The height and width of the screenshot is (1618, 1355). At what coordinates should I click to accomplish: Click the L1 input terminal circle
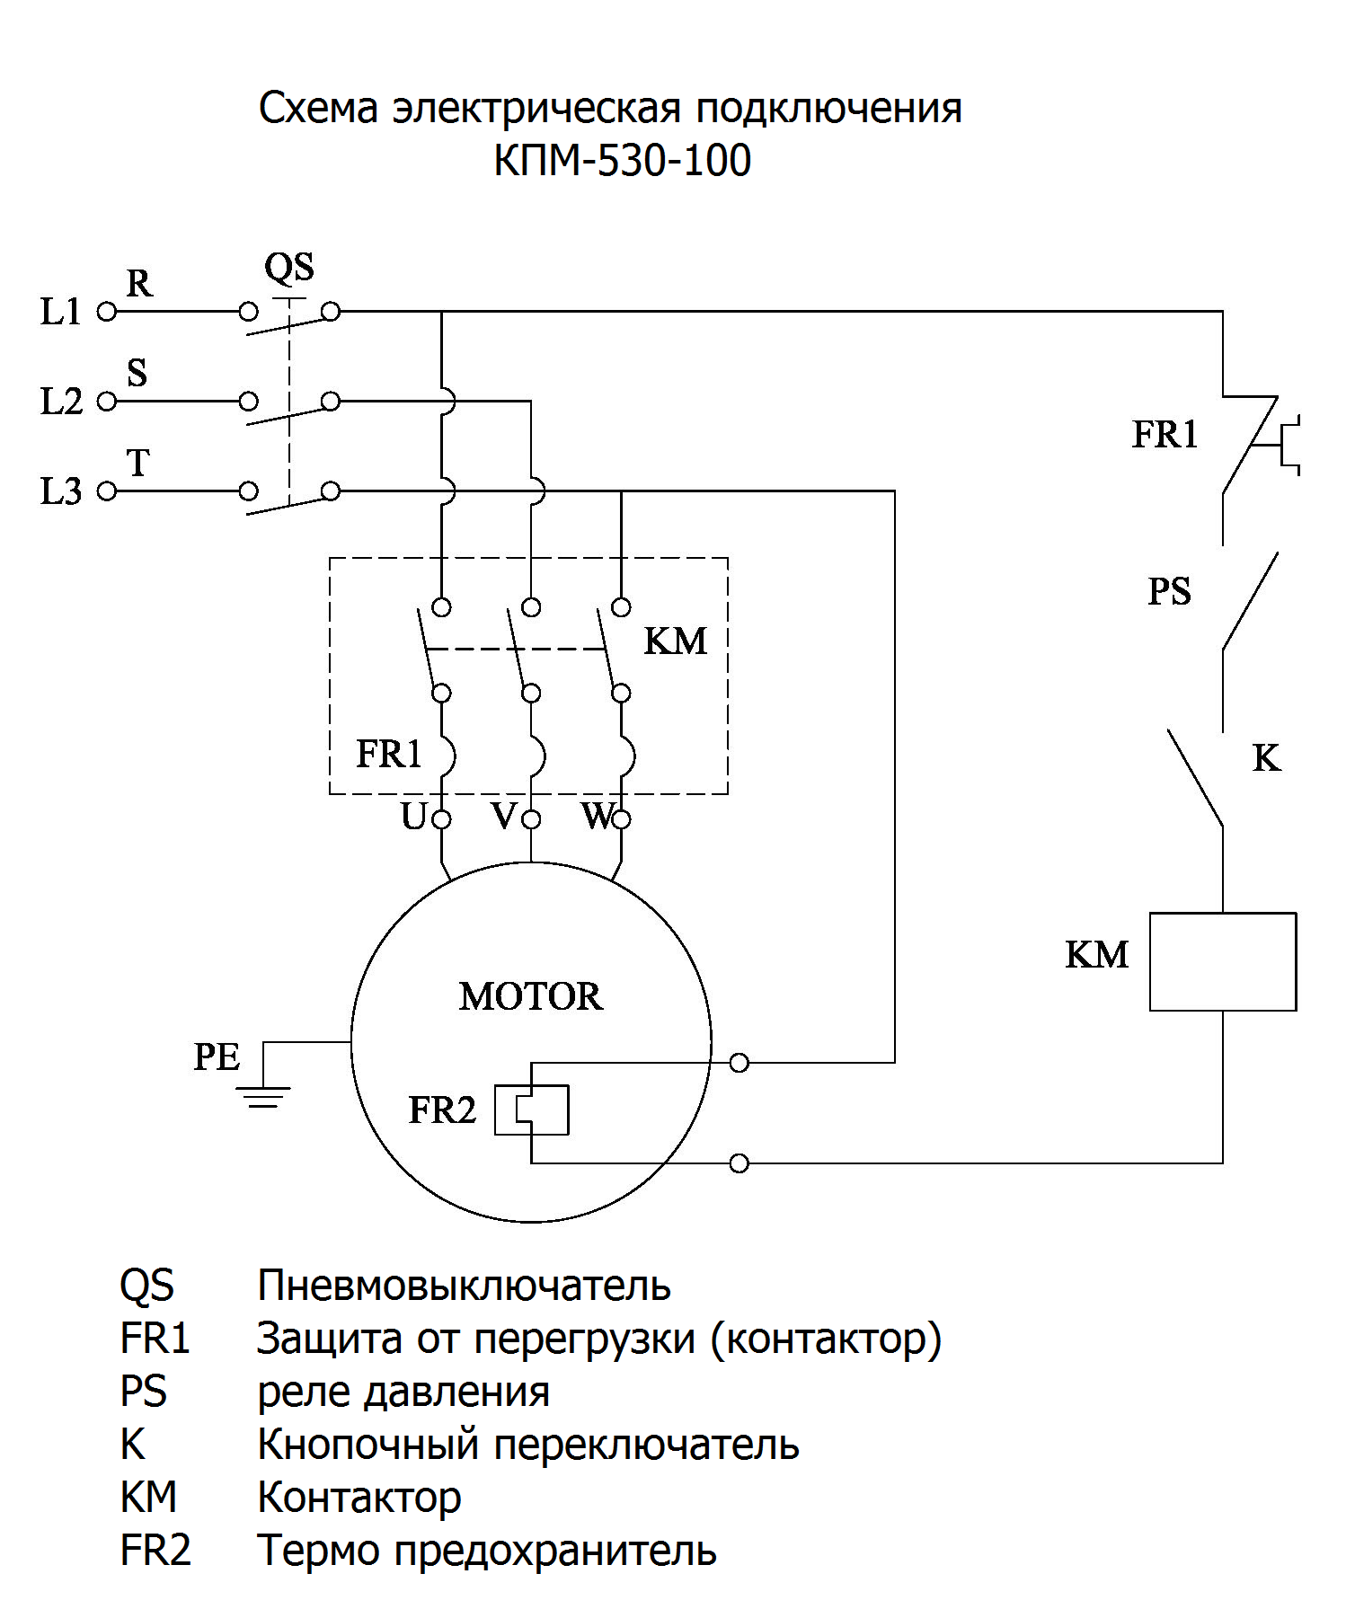click(x=107, y=313)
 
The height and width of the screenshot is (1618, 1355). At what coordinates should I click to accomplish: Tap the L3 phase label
click(x=61, y=491)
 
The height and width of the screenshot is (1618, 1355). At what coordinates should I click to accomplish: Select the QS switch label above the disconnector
click(x=289, y=268)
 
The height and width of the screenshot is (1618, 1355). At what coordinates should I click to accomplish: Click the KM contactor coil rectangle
click(x=1222, y=961)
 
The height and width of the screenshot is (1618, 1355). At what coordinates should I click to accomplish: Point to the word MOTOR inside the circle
click(x=530, y=996)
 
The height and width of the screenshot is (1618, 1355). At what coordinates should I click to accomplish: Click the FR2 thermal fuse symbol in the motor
click(x=532, y=1110)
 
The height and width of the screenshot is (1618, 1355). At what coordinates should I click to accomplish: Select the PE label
click(x=217, y=1057)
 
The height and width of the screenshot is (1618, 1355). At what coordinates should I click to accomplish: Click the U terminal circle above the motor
click(x=441, y=819)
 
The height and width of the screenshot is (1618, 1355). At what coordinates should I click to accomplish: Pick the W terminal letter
click(x=597, y=817)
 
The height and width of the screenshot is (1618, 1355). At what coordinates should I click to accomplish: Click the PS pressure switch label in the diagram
click(x=1169, y=591)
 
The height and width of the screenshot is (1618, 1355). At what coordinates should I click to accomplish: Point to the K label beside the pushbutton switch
click(x=1266, y=759)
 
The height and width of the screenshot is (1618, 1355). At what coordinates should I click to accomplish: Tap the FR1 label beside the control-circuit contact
click(x=1165, y=435)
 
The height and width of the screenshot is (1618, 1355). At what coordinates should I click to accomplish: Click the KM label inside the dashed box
click(x=676, y=641)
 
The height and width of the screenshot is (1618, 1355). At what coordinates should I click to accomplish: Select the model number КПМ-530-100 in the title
click(x=622, y=161)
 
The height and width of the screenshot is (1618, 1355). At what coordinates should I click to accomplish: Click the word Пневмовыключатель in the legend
click(x=464, y=1286)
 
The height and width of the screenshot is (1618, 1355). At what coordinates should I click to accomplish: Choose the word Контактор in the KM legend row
click(x=359, y=1498)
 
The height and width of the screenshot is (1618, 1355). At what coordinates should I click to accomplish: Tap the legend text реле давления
click(x=403, y=1392)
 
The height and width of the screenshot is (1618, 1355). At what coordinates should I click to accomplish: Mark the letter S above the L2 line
click(x=137, y=373)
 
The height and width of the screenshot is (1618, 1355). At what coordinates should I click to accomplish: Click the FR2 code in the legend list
click(x=155, y=1551)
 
